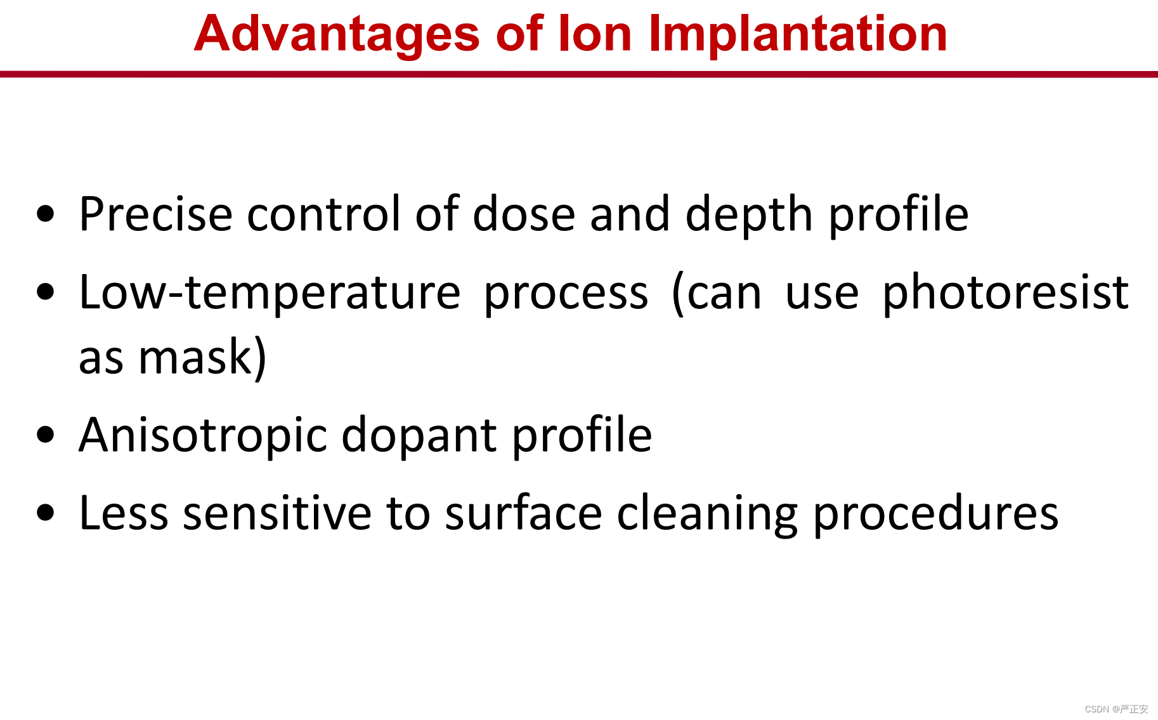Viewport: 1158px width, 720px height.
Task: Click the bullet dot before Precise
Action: (x=46, y=214)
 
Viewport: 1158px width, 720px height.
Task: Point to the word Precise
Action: (x=156, y=214)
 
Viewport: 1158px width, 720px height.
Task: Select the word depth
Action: (x=749, y=216)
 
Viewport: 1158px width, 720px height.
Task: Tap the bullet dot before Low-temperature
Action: (x=46, y=292)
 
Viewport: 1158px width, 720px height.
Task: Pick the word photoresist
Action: (x=1005, y=292)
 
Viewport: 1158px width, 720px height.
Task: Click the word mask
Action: (x=195, y=357)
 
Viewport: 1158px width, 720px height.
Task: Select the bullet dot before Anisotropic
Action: (x=46, y=435)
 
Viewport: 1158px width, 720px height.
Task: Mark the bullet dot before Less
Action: (x=46, y=513)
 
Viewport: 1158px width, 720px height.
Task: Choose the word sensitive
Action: (x=277, y=513)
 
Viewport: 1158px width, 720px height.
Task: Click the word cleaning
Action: (x=707, y=514)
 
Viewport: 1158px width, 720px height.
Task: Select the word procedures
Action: (x=936, y=514)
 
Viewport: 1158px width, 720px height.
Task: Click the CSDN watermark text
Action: (x=1116, y=709)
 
